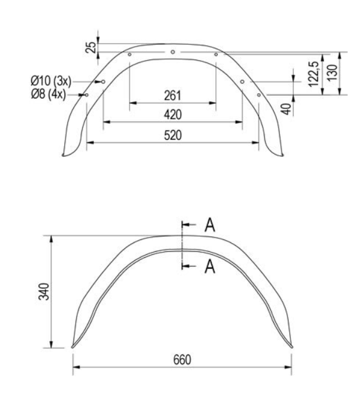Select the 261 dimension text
click(x=173, y=96)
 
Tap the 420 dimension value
click(x=173, y=114)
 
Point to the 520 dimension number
click(x=173, y=134)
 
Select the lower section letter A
click(x=209, y=267)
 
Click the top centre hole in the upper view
click(x=172, y=52)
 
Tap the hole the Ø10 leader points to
click(x=103, y=82)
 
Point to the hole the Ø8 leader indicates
click(x=87, y=94)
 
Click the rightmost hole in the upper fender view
click(x=258, y=94)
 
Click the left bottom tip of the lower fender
click(x=73, y=346)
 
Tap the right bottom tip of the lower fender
click(x=291, y=346)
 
